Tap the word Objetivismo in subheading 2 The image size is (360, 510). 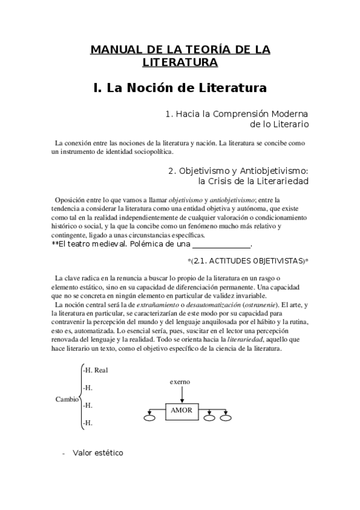coord(210,170)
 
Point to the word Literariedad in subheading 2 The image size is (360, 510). coord(279,180)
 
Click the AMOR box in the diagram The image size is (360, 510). coord(182,410)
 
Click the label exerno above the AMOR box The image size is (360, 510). coord(181,381)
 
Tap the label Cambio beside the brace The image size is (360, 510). coord(67,398)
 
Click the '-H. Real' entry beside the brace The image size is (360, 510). coord(95,370)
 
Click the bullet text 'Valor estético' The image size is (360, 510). coord(98,452)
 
